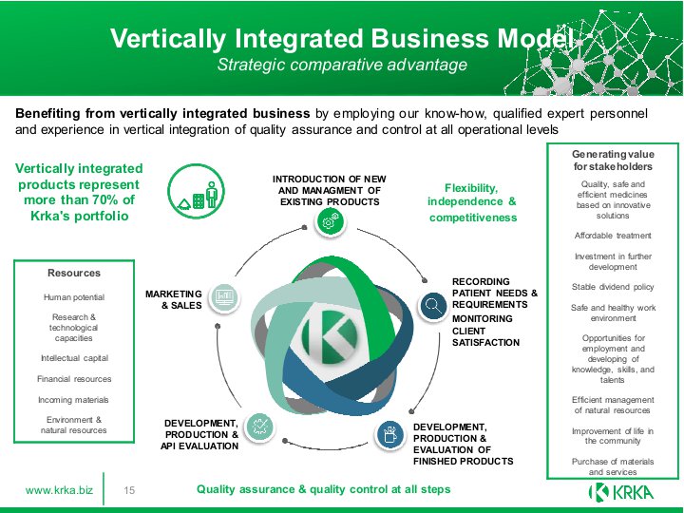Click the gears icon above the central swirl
[x=330, y=221]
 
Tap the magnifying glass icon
[x=433, y=305]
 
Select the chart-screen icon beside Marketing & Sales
[x=224, y=298]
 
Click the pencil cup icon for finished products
[x=389, y=435]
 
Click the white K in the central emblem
[x=331, y=336]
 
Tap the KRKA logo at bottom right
[x=621, y=492]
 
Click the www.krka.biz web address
[x=59, y=490]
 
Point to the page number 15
[x=129, y=490]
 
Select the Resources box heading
[x=74, y=273]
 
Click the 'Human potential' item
[x=74, y=297]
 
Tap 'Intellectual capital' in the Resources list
[x=74, y=358]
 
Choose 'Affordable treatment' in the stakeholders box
[x=613, y=236]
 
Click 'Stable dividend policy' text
[x=613, y=287]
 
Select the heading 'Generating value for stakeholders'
[x=613, y=161]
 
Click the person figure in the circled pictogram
[x=212, y=195]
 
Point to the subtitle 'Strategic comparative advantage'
[x=342, y=65]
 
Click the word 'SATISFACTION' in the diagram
[x=486, y=342]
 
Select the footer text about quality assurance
[x=324, y=489]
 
